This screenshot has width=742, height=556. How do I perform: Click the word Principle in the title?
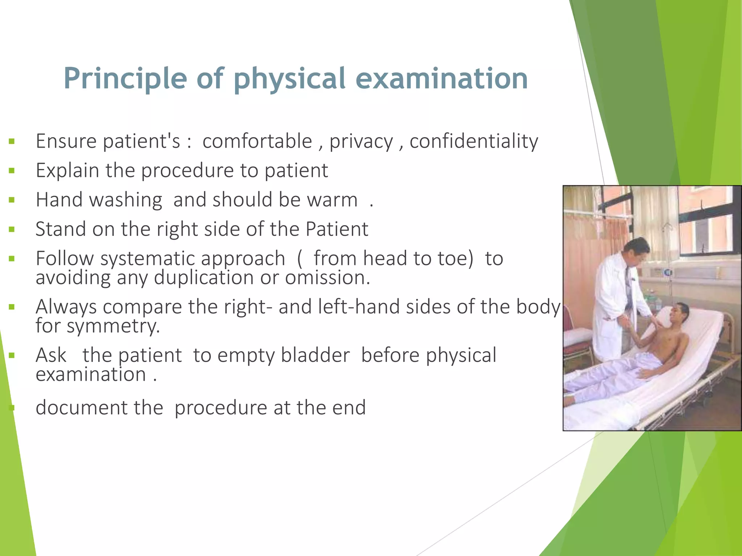[125, 79]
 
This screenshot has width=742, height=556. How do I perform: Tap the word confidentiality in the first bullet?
[474, 141]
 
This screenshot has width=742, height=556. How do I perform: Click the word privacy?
[361, 142]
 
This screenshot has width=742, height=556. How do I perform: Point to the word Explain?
[67, 170]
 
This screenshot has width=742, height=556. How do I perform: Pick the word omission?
[327, 278]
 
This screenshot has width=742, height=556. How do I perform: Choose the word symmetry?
[113, 326]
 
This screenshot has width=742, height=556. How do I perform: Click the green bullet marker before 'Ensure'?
[12, 141]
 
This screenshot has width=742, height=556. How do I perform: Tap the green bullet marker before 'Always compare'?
[12, 307]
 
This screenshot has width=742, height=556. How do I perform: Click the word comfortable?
[257, 141]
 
